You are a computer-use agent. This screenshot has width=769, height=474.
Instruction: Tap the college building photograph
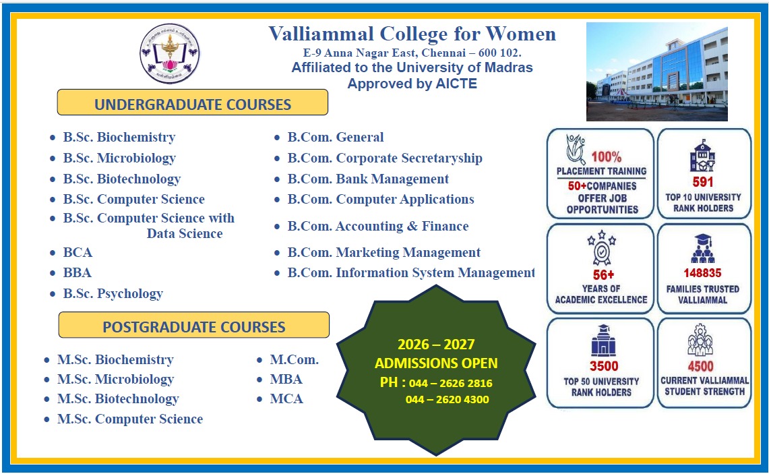[656, 72]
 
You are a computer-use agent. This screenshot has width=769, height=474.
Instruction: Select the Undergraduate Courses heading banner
[193, 104]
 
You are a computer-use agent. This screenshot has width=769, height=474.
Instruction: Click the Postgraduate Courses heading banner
[194, 326]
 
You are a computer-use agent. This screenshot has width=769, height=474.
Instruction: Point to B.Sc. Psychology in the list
[113, 293]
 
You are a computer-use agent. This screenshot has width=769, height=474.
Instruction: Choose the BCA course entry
[78, 253]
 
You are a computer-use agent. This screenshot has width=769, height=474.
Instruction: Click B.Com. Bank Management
[368, 179]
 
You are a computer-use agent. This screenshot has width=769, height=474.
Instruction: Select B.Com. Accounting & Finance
[377, 226]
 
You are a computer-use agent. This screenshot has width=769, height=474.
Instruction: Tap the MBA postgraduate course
[286, 379]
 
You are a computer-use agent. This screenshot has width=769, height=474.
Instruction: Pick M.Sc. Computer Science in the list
[130, 419]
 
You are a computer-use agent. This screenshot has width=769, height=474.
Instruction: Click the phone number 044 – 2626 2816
[450, 383]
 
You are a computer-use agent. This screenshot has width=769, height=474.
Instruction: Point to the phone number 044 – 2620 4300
[447, 399]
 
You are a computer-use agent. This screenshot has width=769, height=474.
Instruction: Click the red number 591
[703, 181]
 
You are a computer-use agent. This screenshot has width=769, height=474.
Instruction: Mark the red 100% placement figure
[607, 157]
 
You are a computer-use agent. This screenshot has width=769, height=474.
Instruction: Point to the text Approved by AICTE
[412, 84]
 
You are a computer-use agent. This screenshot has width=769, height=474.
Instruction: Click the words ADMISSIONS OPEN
[436, 363]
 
